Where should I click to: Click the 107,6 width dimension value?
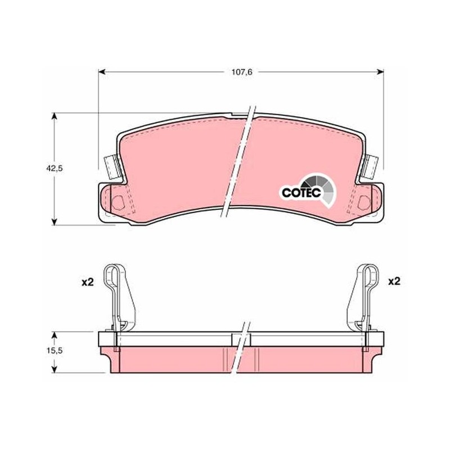pyautogui.click(x=242, y=72)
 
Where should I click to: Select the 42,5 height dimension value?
pyautogui.click(x=54, y=168)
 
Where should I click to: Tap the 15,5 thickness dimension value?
pyautogui.click(x=55, y=350)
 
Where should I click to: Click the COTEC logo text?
pyautogui.click(x=301, y=192)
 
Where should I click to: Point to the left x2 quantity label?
pyautogui.click(x=88, y=282)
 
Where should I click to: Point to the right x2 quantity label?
pyautogui.click(x=394, y=281)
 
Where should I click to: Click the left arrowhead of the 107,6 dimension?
pyautogui.click(x=102, y=72)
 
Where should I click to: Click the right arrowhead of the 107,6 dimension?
pyautogui.click(x=380, y=72)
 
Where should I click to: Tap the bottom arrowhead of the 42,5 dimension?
pyautogui.click(x=54, y=221)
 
